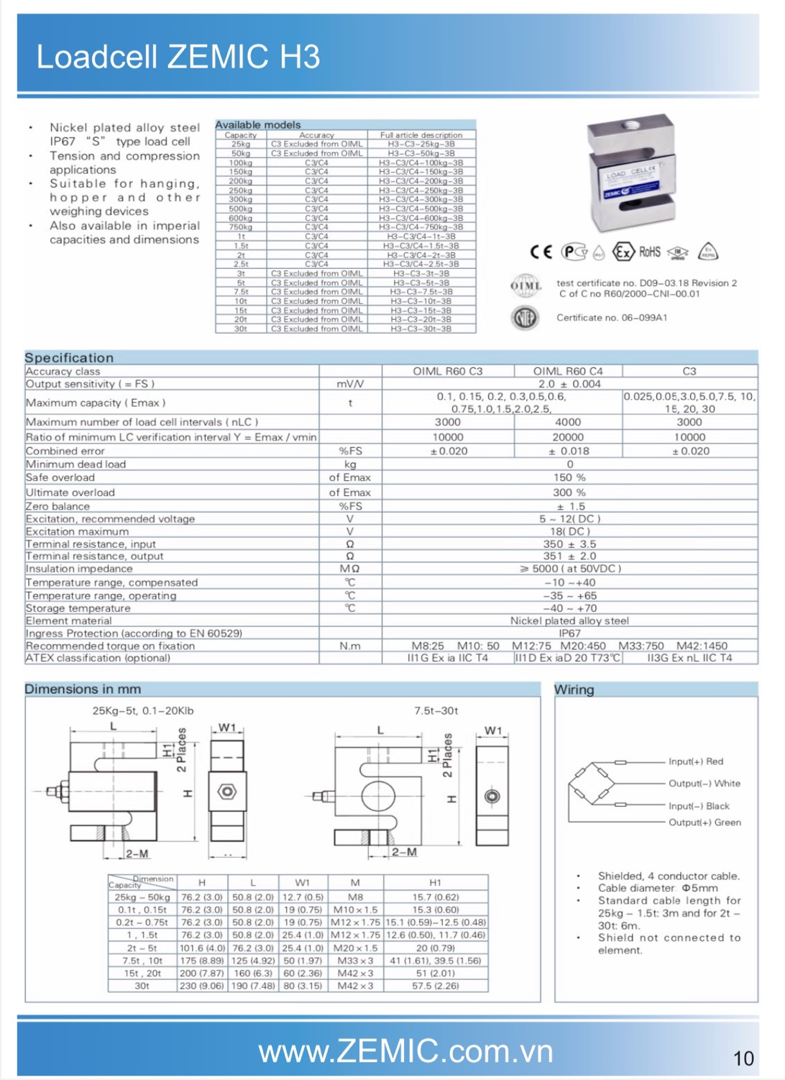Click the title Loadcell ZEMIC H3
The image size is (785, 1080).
coord(178,57)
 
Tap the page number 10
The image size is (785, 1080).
coord(743,1058)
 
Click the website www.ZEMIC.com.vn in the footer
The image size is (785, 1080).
coord(405,1051)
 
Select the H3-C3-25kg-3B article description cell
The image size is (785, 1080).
coord(421,144)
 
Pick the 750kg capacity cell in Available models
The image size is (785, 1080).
coord(241,227)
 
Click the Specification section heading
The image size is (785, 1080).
coord(69,358)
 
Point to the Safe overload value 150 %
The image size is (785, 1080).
coord(569,477)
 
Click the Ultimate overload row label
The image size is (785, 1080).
coord(70,493)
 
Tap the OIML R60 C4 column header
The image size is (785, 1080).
coord(568,372)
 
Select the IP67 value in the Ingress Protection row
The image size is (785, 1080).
coord(569,633)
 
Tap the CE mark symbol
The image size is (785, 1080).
coord(541,252)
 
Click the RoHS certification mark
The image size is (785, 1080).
coord(649,252)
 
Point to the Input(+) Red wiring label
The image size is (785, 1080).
coord(696,761)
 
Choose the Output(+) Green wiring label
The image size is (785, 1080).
coord(704,823)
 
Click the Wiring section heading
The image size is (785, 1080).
coord(574,690)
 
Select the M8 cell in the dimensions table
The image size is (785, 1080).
coord(355,897)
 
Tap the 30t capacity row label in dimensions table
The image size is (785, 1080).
coord(142,986)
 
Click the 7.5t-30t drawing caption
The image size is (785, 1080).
coord(436,711)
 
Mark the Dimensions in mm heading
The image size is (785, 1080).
coord(83,689)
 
